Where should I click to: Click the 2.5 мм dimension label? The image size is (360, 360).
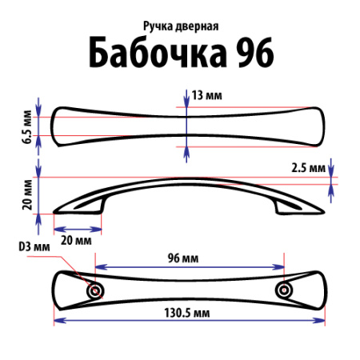pyautogui.click(x=307, y=170)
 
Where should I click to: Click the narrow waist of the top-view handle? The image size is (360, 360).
pyautogui.click(x=188, y=125)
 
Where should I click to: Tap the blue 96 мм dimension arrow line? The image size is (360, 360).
pyautogui.click(x=190, y=268)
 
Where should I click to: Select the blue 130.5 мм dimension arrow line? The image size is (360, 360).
pyautogui.click(x=190, y=322)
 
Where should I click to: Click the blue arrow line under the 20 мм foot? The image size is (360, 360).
pyautogui.click(x=78, y=230)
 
